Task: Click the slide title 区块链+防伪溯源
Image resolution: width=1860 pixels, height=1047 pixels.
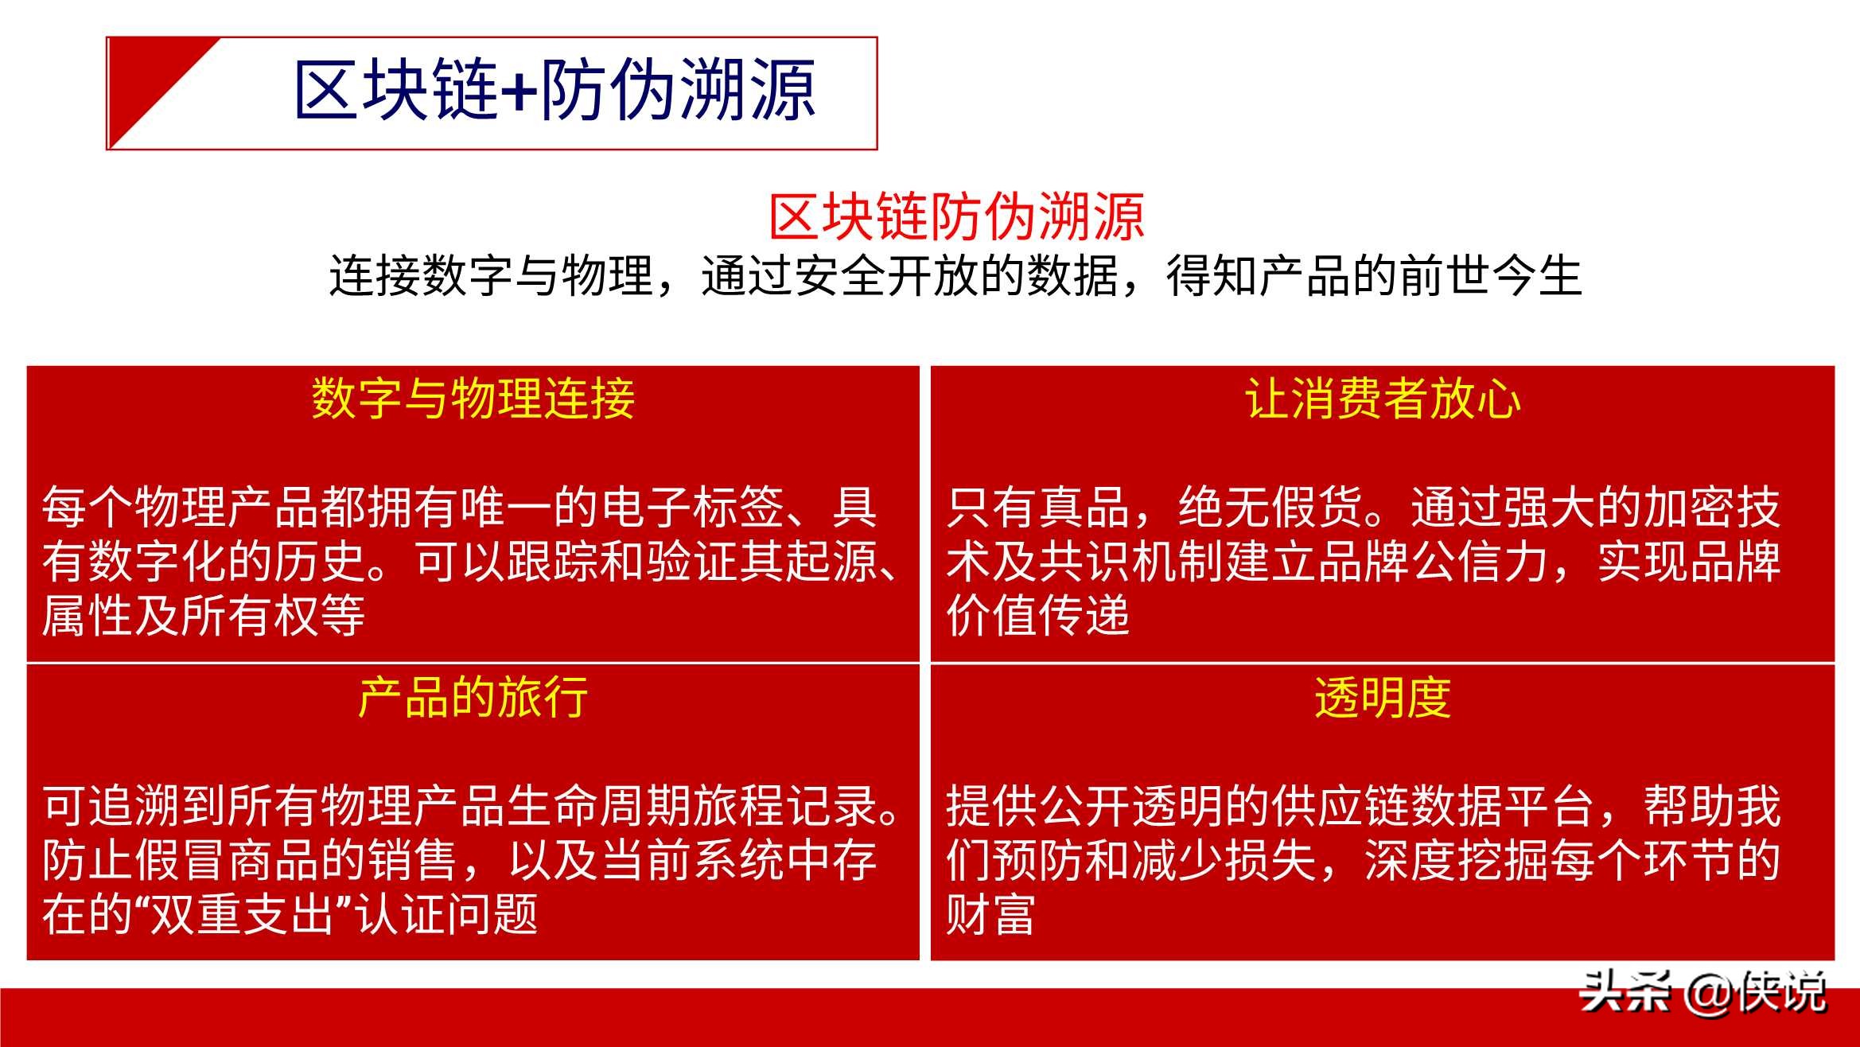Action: click(554, 90)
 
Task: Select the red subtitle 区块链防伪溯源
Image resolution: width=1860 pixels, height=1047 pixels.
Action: click(956, 216)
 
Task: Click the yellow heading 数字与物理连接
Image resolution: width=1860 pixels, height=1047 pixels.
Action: click(473, 398)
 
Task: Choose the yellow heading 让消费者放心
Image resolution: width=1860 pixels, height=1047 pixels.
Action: click(1383, 398)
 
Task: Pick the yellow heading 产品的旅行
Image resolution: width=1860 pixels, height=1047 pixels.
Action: click(473, 698)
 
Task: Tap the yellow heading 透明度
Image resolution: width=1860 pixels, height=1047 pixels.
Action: click(1383, 698)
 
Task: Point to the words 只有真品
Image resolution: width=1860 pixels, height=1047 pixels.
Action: click(1038, 507)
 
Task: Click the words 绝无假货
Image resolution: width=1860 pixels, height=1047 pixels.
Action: click(1270, 507)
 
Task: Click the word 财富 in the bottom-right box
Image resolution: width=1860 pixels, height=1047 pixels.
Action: click(991, 914)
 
